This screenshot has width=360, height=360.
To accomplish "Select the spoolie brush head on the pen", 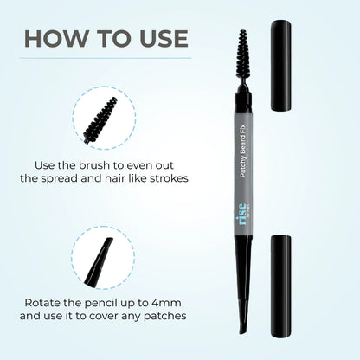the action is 243,54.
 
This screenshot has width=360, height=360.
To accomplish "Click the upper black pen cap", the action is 280,66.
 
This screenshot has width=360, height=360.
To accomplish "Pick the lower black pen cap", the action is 280,286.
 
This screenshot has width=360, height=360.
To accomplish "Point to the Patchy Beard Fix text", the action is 242,151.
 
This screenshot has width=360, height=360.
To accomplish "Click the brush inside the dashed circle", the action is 100,120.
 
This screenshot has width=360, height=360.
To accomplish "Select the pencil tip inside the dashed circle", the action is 98,260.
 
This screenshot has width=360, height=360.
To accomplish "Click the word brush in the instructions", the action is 94,165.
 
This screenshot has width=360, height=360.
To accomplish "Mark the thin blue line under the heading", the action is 106,58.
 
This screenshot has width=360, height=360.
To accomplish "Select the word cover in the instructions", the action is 103,316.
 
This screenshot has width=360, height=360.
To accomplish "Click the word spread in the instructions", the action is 59,179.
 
